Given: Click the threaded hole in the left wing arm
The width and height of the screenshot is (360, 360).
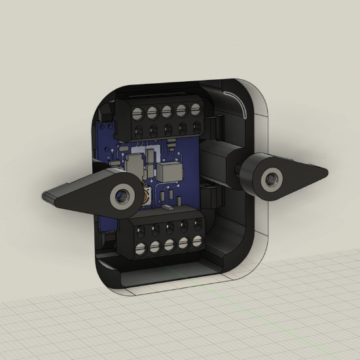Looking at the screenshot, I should click(x=120, y=194).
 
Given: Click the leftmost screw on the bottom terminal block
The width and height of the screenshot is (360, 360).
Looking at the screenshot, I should click(x=141, y=247).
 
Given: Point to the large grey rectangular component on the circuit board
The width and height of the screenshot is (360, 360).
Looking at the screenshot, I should click(x=169, y=171).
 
